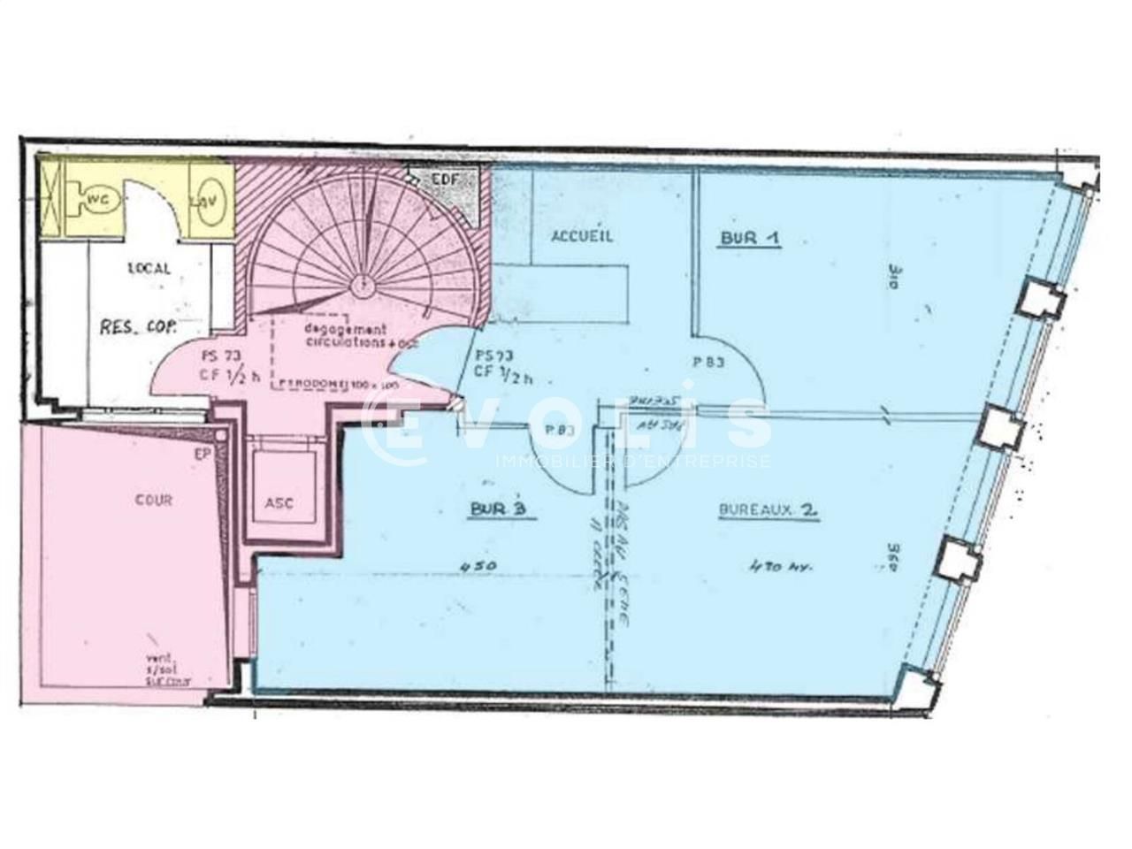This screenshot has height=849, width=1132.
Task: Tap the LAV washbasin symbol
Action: (x=211, y=201)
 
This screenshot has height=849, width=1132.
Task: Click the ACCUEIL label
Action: (x=582, y=236)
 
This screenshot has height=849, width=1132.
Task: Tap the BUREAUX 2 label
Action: (x=768, y=510)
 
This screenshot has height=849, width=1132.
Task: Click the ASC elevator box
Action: (x=279, y=502)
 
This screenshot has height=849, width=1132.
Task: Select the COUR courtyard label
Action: (x=154, y=500)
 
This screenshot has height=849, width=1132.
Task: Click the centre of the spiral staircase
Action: (x=362, y=285)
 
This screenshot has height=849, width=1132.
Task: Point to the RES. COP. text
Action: (x=138, y=326)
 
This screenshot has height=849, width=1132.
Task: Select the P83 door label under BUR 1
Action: (x=709, y=362)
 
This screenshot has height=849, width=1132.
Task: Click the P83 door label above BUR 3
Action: (x=557, y=430)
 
